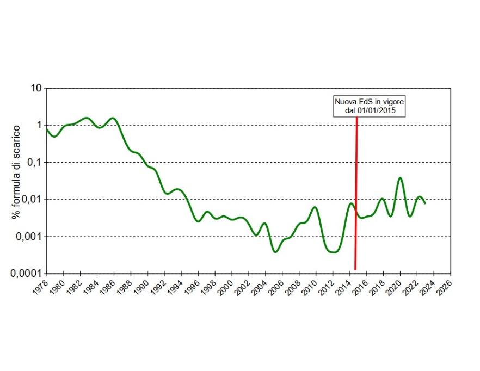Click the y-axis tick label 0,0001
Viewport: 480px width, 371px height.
pos(25,274)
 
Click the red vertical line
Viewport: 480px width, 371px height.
pos(356,190)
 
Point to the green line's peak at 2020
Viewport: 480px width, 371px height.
pos(400,178)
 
